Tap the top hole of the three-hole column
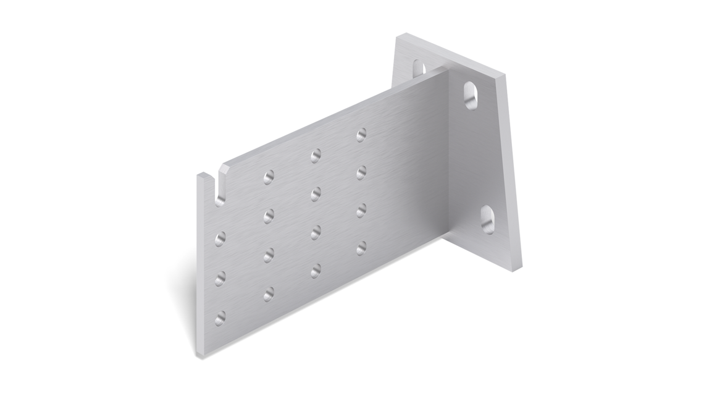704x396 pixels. point(220,236)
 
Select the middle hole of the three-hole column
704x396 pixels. point(220,278)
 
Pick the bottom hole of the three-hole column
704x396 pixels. point(220,318)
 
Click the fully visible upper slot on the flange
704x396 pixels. point(471,95)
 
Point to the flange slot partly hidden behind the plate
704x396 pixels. point(419,66)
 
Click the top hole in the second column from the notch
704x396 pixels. point(269,178)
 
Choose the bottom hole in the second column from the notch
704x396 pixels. point(269,294)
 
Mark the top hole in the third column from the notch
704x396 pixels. point(316,155)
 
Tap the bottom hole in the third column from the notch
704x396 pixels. point(316,269)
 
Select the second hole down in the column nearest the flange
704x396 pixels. point(361,172)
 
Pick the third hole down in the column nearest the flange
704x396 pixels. point(361,210)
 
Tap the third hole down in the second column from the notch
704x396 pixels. point(269,255)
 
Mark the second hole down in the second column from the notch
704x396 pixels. point(269,216)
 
